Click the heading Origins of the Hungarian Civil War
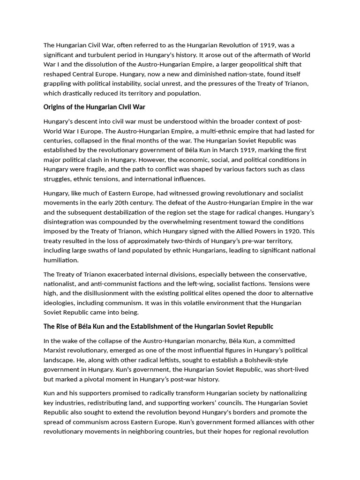[94, 107]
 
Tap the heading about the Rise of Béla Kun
[158, 326]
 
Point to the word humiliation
[61, 260]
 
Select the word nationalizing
[285, 393]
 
